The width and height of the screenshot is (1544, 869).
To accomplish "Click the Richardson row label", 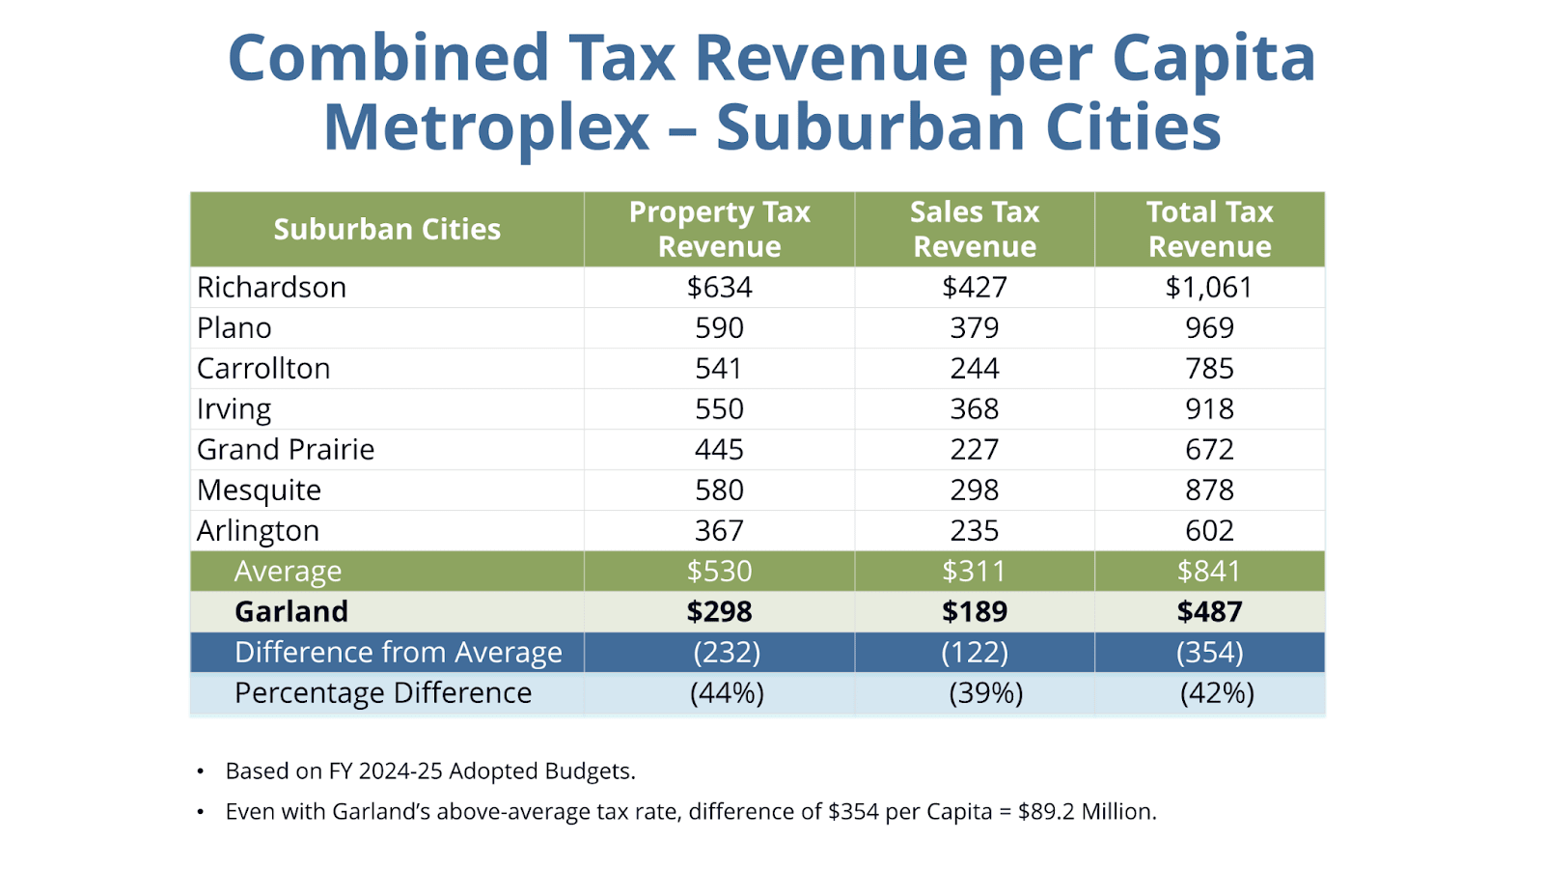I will (271, 288).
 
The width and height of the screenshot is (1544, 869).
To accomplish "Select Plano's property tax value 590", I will (719, 328).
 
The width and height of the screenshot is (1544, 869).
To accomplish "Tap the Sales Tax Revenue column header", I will (975, 229).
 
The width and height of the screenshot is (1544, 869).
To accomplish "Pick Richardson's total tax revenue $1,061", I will (1209, 288).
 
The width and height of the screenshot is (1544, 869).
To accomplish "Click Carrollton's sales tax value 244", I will (975, 369).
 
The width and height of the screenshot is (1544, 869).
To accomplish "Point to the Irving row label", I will (234, 409).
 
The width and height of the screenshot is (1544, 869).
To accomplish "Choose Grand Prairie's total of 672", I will (1209, 450).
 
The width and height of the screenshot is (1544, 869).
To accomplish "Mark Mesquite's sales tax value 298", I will (975, 491).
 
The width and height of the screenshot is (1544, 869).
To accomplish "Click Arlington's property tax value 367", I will (719, 531).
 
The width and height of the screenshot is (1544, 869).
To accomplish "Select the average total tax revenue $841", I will (1209, 572).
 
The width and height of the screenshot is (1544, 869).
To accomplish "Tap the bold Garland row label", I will (291, 612).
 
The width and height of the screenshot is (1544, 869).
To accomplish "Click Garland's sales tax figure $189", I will (975, 612).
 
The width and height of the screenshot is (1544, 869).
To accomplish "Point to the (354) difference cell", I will (1209, 653).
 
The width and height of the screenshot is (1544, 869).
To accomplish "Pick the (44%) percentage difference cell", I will (727, 693).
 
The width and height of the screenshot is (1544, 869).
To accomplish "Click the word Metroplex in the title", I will (486, 127).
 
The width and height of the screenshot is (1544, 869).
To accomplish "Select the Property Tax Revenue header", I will (719, 229).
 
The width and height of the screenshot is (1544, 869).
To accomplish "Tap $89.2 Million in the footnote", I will (1086, 812).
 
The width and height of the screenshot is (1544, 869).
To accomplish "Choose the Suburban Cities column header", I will (387, 229).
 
